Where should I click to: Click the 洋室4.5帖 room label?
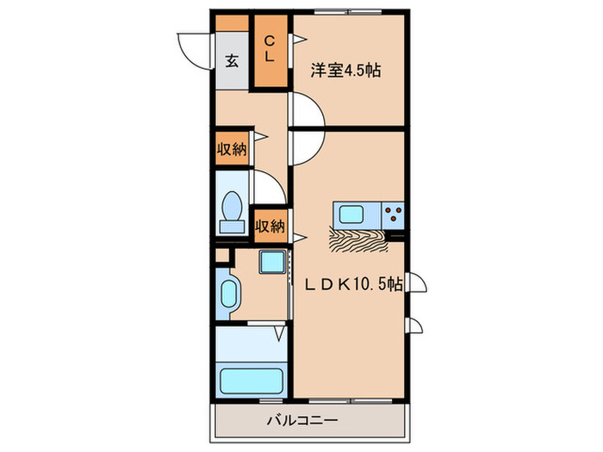pyautogui.click(x=345, y=71)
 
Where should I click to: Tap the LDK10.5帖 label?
pyautogui.click(x=354, y=284)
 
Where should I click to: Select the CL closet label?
pyautogui.click(x=269, y=48)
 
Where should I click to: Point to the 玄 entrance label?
pyautogui.click(x=232, y=61)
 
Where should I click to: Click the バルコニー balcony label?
pyautogui.click(x=302, y=420)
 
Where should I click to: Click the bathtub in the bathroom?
pyautogui.click(x=252, y=381)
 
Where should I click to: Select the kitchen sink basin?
pyautogui.click(x=351, y=214)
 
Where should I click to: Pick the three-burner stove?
pyautogui.click(x=393, y=215)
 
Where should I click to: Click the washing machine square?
pyautogui.click(x=272, y=262)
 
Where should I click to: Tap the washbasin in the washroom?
pyautogui.click(x=228, y=294)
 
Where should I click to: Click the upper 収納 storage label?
pyautogui.click(x=232, y=149)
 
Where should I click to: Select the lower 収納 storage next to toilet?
pyautogui.click(x=270, y=226)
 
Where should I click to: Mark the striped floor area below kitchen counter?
pyautogui.click(x=358, y=240)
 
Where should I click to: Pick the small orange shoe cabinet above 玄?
pyautogui.click(x=232, y=23)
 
